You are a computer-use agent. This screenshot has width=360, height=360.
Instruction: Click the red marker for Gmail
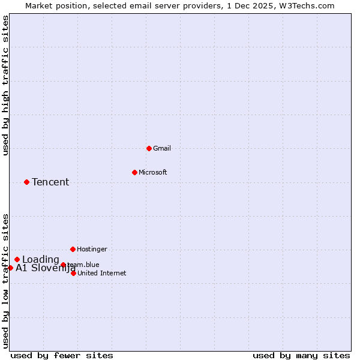[149, 148]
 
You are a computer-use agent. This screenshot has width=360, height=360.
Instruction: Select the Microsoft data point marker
[134, 172]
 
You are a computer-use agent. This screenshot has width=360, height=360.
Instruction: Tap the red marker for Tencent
[26, 182]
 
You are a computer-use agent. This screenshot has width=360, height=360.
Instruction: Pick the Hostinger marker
[73, 249]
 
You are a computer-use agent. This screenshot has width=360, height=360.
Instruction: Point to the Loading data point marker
[17, 259]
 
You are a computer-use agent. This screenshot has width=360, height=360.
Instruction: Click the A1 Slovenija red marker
[10, 268]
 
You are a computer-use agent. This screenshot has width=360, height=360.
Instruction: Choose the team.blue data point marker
[63, 265]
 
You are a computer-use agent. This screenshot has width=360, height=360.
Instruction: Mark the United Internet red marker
[73, 273]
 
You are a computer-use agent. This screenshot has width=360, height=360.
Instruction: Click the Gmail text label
[162, 148]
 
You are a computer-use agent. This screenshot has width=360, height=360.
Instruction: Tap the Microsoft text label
[153, 172]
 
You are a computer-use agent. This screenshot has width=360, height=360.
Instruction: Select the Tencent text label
[50, 182]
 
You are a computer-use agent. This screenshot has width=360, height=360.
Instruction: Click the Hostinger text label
[92, 249]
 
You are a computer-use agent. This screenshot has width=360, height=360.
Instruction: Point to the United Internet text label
[102, 273]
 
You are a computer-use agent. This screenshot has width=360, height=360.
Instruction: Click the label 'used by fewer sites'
[62, 355]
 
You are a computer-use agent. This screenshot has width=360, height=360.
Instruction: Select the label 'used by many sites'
[301, 355]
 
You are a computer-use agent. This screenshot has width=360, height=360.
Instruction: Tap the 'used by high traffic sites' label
[5, 85]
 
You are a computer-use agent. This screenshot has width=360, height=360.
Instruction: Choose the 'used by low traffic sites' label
[5, 280]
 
